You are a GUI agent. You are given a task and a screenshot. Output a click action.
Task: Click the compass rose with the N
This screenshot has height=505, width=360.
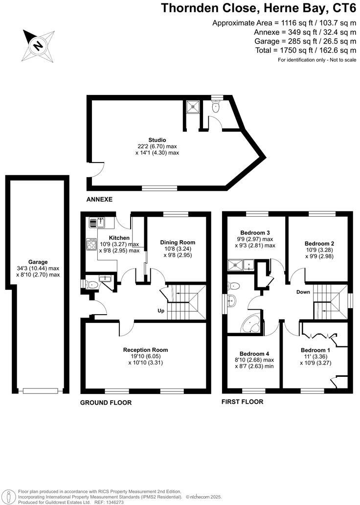(x=39, y=46)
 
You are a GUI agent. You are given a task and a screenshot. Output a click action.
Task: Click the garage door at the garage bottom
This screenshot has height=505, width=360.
(x=40, y=391)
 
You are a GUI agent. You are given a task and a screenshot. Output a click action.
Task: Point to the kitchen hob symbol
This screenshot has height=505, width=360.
(x=91, y=244)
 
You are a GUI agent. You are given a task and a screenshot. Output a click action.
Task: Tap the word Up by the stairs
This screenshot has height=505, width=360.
(x=161, y=311)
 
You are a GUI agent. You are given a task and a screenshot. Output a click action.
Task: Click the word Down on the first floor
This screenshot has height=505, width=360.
(x=303, y=292)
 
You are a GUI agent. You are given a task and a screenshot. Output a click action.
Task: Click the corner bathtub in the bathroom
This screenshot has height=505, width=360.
(x=253, y=323)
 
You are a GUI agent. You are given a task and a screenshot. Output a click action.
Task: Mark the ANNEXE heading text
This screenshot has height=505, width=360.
(x=99, y=200)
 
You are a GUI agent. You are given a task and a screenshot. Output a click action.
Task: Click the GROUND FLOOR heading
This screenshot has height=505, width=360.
(x=106, y=403)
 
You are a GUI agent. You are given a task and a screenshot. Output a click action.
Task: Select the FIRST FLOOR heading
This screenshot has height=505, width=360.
(x=243, y=402)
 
